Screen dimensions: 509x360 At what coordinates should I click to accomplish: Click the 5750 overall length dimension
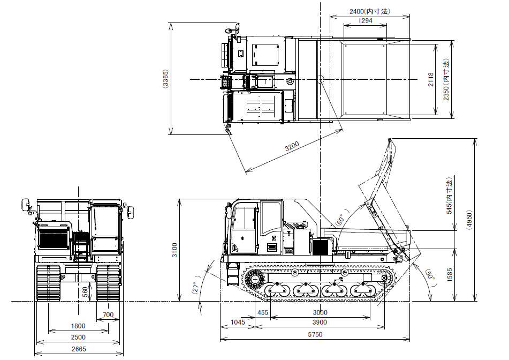(315, 335)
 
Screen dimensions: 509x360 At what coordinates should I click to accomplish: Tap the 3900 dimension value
(320, 322)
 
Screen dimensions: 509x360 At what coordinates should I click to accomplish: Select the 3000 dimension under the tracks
(320, 312)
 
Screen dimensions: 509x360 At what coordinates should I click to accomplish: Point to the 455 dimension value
(263, 312)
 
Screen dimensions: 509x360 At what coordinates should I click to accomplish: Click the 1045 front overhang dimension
(238, 322)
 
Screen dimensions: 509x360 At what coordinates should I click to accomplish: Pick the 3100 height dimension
(174, 250)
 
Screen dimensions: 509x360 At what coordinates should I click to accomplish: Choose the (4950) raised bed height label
(469, 220)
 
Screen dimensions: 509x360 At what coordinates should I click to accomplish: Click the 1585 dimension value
(449, 274)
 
